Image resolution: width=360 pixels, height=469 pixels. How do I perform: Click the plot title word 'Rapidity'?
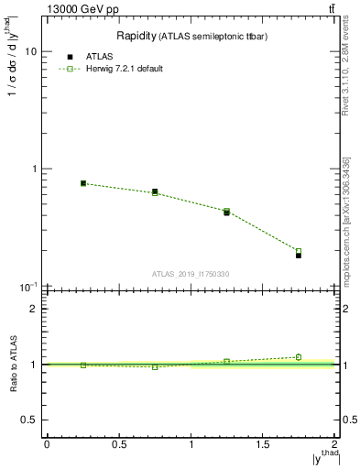click(x=136, y=36)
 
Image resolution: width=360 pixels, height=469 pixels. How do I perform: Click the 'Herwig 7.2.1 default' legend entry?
click(x=123, y=69)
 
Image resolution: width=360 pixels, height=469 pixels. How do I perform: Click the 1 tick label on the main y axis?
click(x=32, y=169)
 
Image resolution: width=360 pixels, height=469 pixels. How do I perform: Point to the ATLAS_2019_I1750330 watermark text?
click(x=191, y=274)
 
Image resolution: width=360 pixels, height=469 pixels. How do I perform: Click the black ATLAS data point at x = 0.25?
click(x=83, y=183)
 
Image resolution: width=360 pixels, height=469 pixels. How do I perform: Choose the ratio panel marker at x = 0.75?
click(x=155, y=366)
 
